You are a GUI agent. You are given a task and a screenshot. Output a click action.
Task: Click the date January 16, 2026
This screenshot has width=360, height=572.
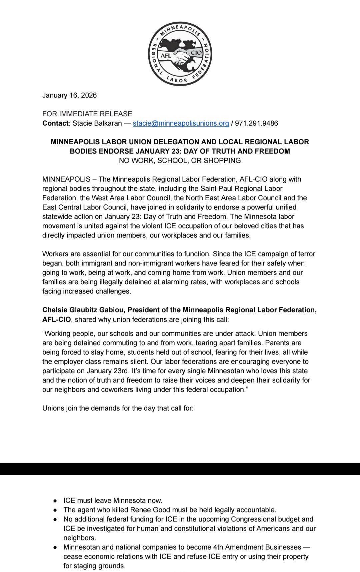(x=69, y=95)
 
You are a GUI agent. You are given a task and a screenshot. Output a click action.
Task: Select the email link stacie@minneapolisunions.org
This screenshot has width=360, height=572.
(x=181, y=123)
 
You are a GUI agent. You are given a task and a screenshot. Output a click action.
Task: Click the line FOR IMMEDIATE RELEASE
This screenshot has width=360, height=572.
(x=87, y=114)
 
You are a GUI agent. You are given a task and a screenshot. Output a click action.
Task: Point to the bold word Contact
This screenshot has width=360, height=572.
(x=55, y=123)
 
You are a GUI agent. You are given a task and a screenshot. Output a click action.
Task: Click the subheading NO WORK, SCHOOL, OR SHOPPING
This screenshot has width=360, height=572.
(x=180, y=161)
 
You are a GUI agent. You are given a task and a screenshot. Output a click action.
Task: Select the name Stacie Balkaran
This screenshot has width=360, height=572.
(x=97, y=123)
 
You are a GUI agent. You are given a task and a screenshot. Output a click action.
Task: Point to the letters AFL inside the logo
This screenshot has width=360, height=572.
(x=166, y=56)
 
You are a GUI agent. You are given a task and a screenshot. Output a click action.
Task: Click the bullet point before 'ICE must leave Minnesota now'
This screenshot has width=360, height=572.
(x=55, y=501)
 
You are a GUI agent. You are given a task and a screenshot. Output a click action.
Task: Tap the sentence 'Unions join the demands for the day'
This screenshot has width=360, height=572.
(x=118, y=408)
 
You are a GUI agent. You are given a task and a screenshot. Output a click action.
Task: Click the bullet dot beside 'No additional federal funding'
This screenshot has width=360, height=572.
(x=55, y=519)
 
